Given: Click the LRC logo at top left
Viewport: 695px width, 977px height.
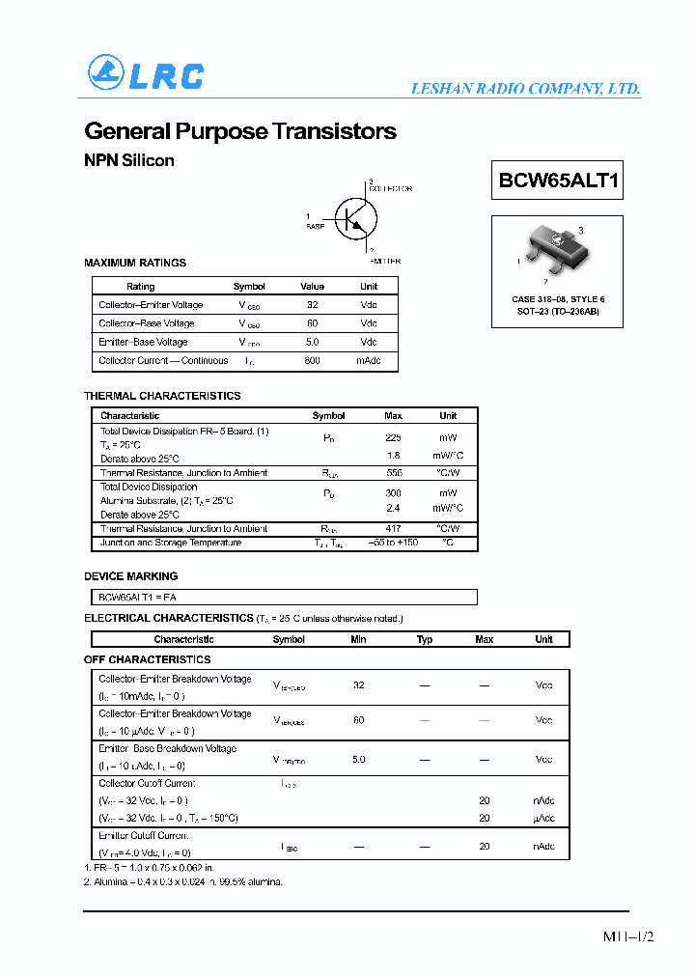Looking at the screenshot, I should pyautogui.click(x=146, y=74).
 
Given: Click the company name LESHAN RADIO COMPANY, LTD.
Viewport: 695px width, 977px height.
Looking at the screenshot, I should pyautogui.click(x=526, y=89).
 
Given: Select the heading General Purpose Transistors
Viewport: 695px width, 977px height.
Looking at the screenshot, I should pyautogui.click(x=240, y=131).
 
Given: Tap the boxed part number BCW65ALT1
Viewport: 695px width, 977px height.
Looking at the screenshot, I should pyautogui.click(x=559, y=180).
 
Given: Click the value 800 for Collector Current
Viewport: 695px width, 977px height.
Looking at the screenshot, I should pyautogui.click(x=312, y=361).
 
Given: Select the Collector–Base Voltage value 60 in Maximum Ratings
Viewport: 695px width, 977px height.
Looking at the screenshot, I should pyautogui.click(x=312, y=323).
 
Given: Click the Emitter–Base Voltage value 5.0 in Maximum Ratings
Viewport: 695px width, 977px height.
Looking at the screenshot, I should pyautogui.click(x=312, y=342).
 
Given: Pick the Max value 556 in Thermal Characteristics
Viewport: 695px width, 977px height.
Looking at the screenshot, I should pyautogui.click(x=393, y=473).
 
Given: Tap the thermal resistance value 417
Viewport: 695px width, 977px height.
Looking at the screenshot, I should pyautogui.click(x=393, y=528).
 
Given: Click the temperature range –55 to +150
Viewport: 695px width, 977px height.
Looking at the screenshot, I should pyautogui.click(x=393, y=543).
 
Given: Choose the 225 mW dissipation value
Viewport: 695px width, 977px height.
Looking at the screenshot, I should pyautogui.click(x=393, y=437).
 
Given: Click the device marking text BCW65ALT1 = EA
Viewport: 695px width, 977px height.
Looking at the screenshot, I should pyautogui.click(x=138, y=597).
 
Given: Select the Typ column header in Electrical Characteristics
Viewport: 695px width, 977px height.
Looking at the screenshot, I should pyautogui.click(x=425, y=639).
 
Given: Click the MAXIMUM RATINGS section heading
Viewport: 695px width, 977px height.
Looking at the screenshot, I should pyautogui.click(x=135, y=263).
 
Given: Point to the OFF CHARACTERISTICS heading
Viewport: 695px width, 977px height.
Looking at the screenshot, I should pyautogui.click(x=147, y=659).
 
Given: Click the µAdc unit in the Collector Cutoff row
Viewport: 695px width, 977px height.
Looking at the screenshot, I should pyautogui.click(x=544, y=818).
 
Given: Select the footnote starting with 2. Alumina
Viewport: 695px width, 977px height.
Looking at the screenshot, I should pyautogui.click(x=183, y=881).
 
